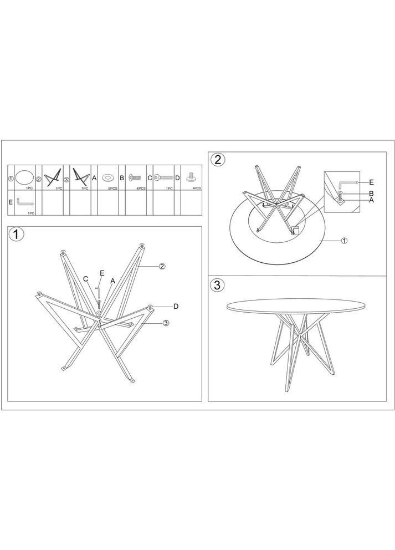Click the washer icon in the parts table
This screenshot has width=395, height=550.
tap(107, 178)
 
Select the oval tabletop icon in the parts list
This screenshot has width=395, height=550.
tap(24, 176)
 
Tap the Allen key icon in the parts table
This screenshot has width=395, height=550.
tap(24, 202)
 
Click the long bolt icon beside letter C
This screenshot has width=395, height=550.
tap(163, 178)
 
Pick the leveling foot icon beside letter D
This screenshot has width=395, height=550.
tap(191, 177)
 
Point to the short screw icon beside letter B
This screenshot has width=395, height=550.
tap(135, 178)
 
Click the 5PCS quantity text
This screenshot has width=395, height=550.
tap(112, 189)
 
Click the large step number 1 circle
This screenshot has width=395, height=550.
tap(17, 235)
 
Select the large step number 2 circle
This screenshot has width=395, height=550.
tap(217, 160)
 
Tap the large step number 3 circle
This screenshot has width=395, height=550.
tap(217, 285)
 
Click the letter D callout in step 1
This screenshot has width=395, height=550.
tap(176, 307)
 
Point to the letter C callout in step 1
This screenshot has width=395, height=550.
tap(85, 279)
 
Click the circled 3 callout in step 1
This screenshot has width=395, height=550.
tap(166, 323)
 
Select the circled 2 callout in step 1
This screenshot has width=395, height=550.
tap(162, 266)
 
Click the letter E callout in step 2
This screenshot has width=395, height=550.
tap(372, 182)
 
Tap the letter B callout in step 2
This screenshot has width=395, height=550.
tap(372, 193)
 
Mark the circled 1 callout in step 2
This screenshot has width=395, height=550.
tap(344, 241)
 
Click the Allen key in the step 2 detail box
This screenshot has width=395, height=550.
tap(347, 184)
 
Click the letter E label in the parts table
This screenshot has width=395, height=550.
tap(10, 202)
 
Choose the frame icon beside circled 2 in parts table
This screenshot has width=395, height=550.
tap(53, 177)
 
